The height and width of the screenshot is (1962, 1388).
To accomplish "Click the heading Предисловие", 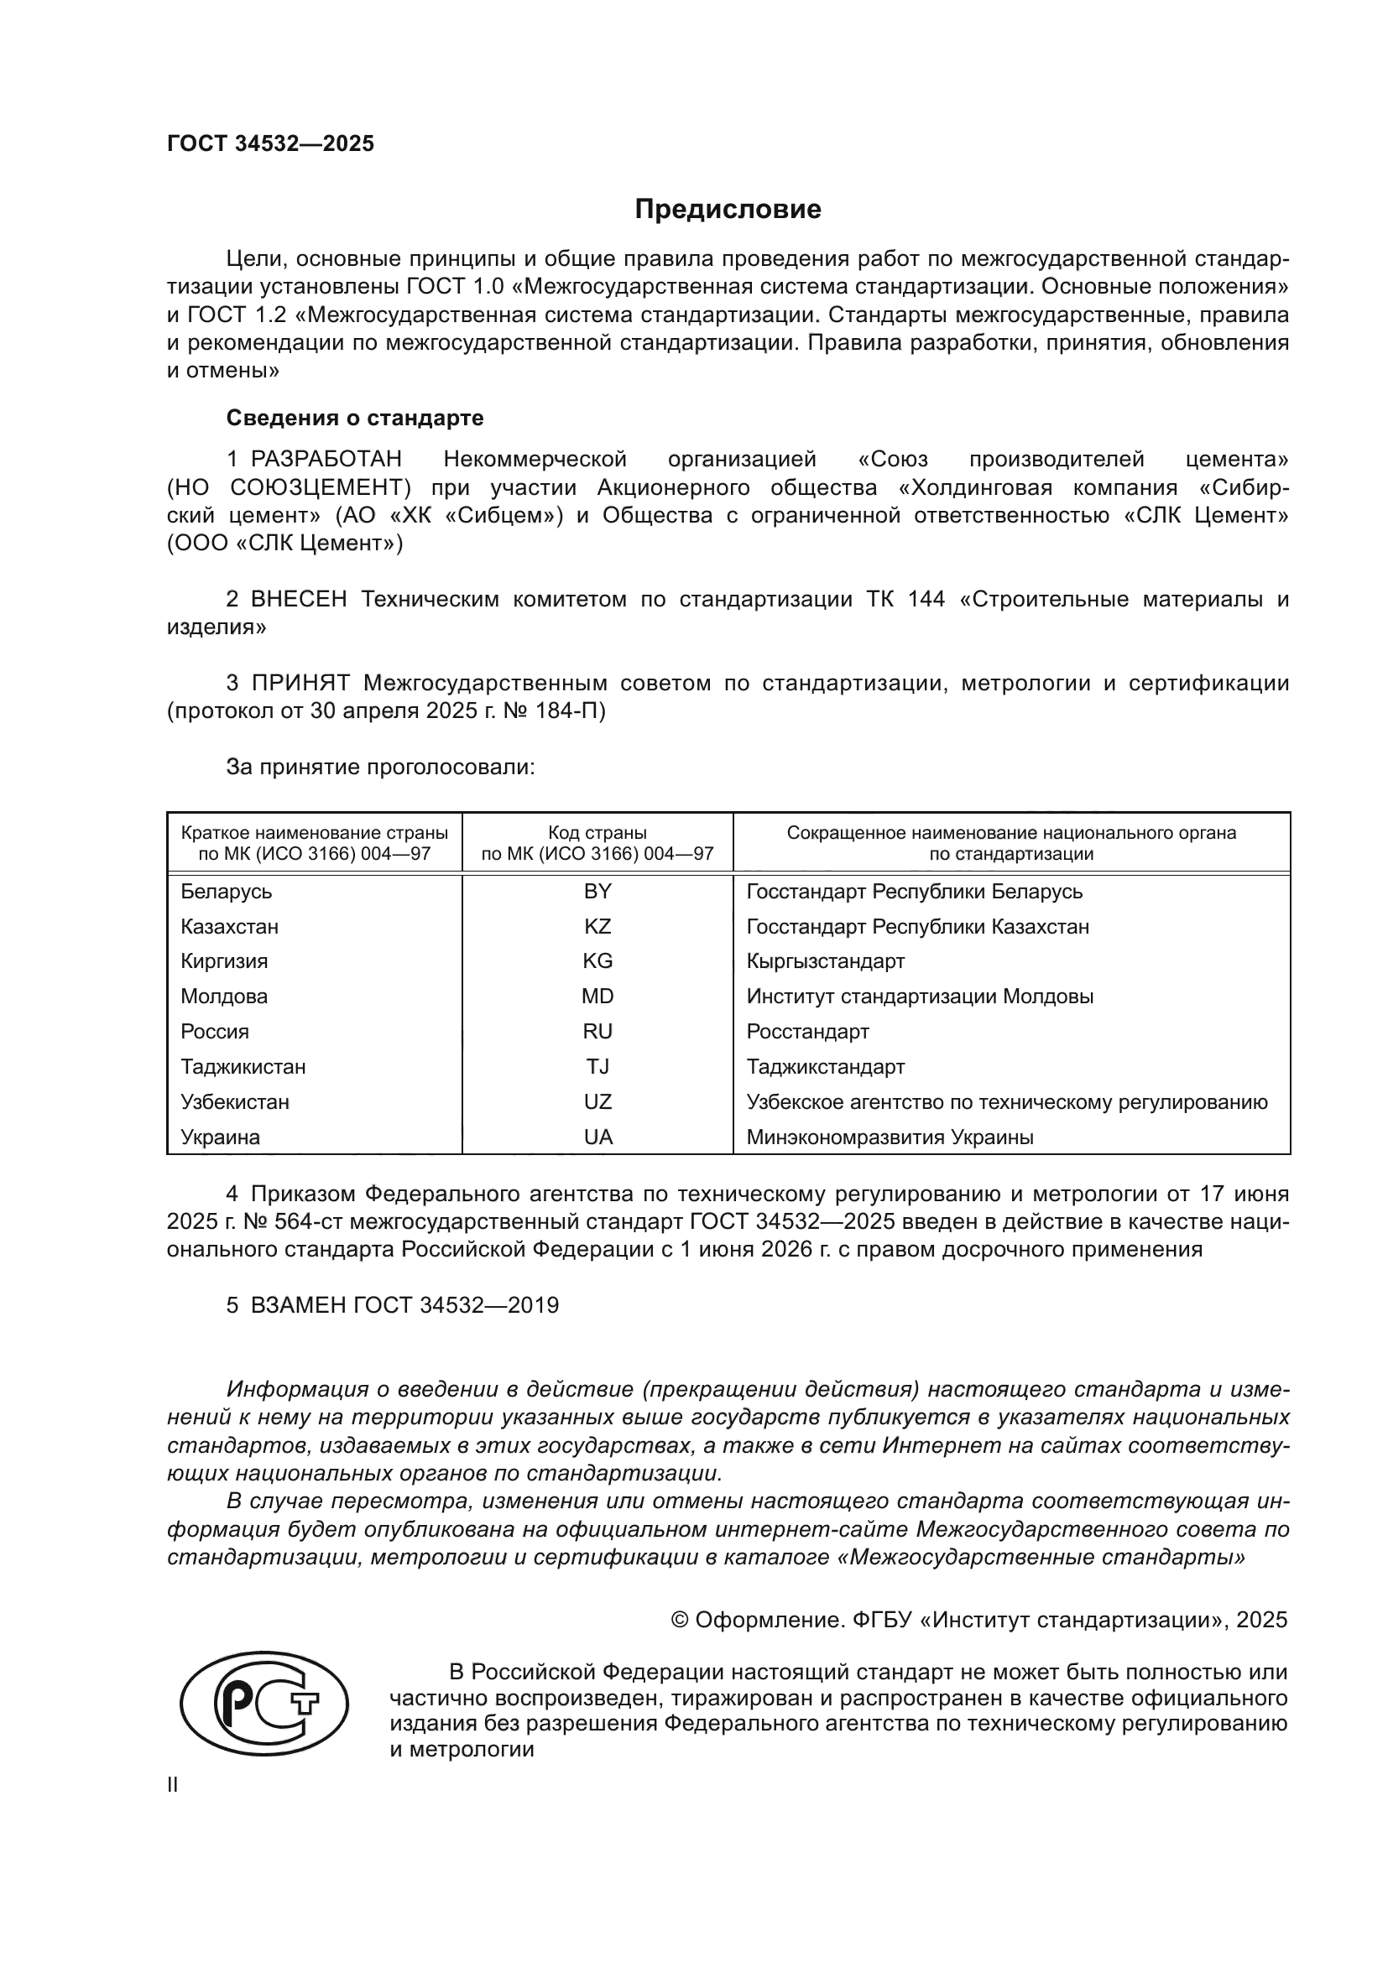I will click(x=728, y=210).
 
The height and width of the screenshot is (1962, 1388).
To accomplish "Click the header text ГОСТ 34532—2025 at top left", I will click(x=270, y=143).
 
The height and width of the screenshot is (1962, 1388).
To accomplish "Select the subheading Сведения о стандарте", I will click(x=355, y=418).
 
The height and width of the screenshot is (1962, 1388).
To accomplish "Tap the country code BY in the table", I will click(x=597, y=892).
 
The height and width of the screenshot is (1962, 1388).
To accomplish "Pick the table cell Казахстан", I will click(x=229, y=926).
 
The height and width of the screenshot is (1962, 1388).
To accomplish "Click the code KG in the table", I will click(x=597, y=961).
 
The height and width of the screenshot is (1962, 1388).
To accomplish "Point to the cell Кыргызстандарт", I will click(x=825, y=961).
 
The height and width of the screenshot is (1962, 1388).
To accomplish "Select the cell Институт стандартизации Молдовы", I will click(x=920, y=997).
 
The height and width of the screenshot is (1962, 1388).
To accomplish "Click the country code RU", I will click(x=597, y=1032).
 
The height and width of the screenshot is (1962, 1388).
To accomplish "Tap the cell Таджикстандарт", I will click(x=825, y=1066).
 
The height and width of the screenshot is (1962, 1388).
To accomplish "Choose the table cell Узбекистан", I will click(x=235, y=1101).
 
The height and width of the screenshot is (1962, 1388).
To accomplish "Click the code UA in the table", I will click(x=597, y=1137).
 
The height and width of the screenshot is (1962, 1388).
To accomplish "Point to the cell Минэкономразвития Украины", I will click(x=890, y=1137).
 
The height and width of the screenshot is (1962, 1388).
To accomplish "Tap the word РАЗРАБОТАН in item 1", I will click(x=326, y=460).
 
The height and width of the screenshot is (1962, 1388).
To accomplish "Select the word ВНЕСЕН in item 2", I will click(x=298, y=599).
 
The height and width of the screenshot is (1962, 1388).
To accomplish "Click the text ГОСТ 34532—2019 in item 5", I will click(x=456, y=1306).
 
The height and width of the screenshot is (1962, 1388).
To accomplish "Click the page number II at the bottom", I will click(x=173, y=1784).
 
